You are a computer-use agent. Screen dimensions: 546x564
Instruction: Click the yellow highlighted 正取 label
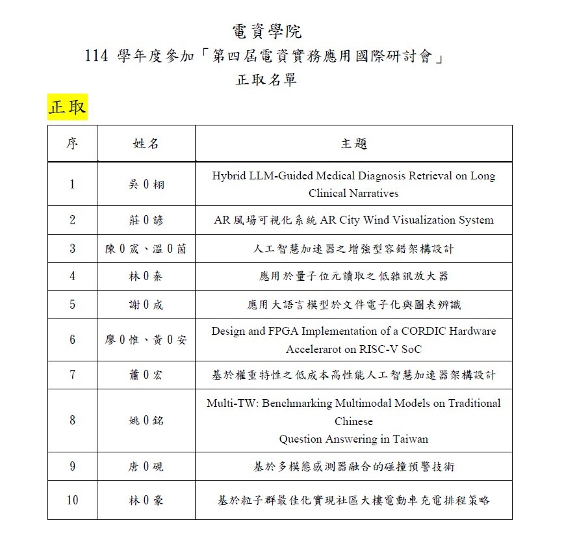pos(67,107)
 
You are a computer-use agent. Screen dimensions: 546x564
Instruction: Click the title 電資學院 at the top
pos(266,31)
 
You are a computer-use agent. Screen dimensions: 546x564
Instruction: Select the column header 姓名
pos(146,144)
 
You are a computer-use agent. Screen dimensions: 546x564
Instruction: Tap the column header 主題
pos(353,144)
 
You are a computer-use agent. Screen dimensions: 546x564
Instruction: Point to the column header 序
pos(72,144)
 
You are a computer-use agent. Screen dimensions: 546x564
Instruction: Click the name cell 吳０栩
pos(146,185)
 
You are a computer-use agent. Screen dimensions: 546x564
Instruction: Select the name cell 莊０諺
pos(146,220)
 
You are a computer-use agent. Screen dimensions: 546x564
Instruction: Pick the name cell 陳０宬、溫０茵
pos(146,249)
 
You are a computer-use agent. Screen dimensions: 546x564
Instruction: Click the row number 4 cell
pos(72,276)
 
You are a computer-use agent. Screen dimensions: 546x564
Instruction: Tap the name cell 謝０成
pos(146,305)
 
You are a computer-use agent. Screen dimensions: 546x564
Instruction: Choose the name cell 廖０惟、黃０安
pos(146,340)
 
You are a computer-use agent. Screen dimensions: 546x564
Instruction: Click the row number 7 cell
pos(72,375)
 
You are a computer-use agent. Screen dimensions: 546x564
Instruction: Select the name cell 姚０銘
pos(146,421)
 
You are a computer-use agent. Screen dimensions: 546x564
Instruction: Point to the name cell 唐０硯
pos(146,467)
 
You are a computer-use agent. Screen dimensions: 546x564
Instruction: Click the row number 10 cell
pos(72,500)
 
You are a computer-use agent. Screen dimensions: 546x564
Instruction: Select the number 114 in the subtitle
pos(97,57)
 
